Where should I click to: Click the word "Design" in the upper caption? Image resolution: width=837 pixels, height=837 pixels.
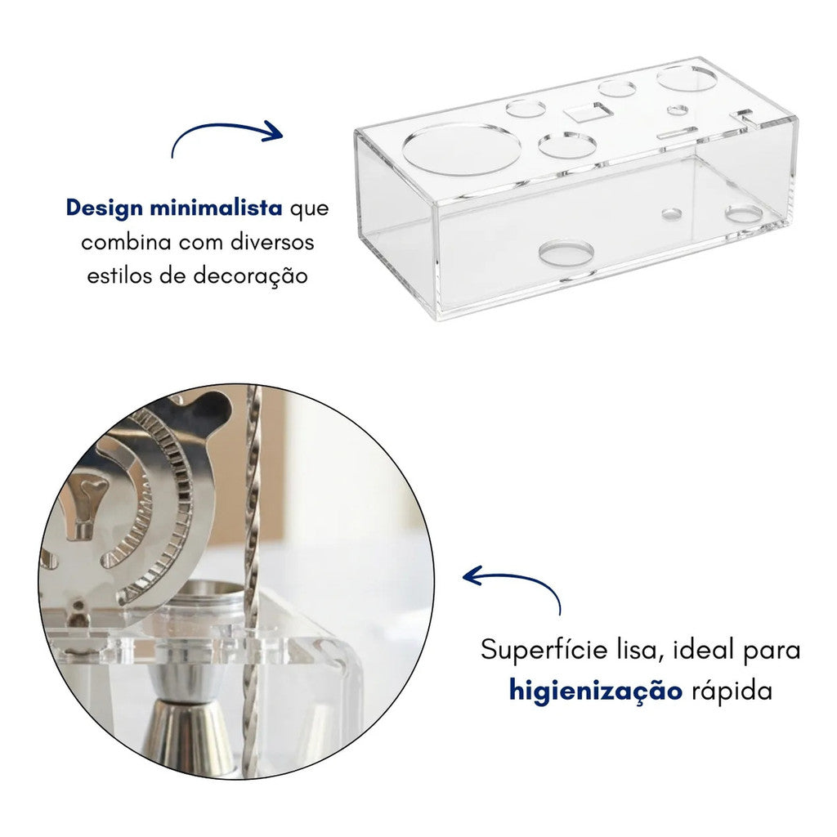coord(105,208)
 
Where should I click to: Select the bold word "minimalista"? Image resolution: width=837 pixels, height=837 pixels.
coord(216,208)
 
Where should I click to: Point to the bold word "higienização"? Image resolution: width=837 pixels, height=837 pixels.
coord(595,691)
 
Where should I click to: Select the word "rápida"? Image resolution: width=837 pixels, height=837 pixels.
coord(732,691)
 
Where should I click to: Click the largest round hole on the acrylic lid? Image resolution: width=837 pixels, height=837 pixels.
coord(461,148)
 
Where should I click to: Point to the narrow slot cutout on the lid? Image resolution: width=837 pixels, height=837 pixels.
coord(675,131)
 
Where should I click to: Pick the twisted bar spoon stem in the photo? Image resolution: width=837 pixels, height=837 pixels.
coord(253,523)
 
